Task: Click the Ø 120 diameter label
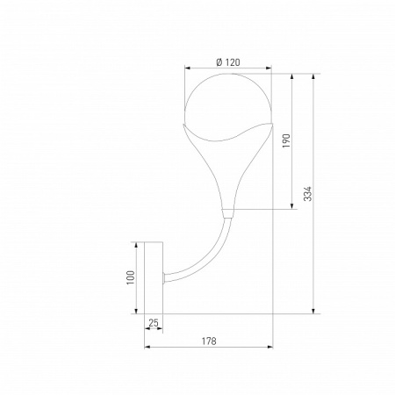228,62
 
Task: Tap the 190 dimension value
286,140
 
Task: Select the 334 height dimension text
307,194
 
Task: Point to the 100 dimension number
131,277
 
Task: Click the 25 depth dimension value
154,323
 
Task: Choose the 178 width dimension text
209,341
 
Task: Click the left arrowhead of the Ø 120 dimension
188,68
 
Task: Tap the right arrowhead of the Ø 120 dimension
269,68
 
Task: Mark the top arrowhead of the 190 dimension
291,76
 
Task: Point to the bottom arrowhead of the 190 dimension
291,205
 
